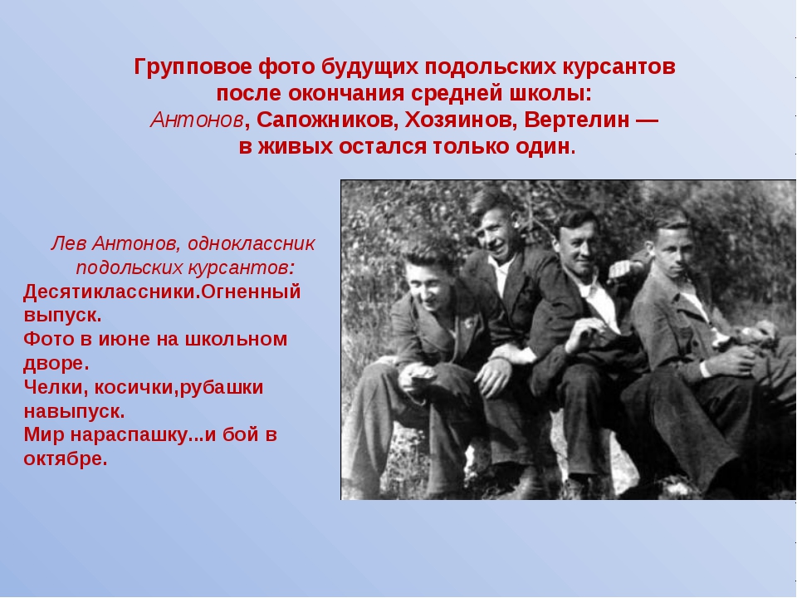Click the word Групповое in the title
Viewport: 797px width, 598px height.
[x=193, y=67]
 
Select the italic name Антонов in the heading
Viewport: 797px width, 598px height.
[x=197, y=120]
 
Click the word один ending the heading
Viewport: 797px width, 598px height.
[x=542, y=148]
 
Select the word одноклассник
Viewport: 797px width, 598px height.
[x=252, y=244]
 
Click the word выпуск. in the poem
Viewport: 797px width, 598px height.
[x=62, y=316]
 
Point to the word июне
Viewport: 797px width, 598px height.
[x=123, y=339]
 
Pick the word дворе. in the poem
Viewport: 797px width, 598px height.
[x=56, y=363]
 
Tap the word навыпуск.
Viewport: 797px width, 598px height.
[x=74, y=411]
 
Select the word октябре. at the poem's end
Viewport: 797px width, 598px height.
[x=66, y=458]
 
